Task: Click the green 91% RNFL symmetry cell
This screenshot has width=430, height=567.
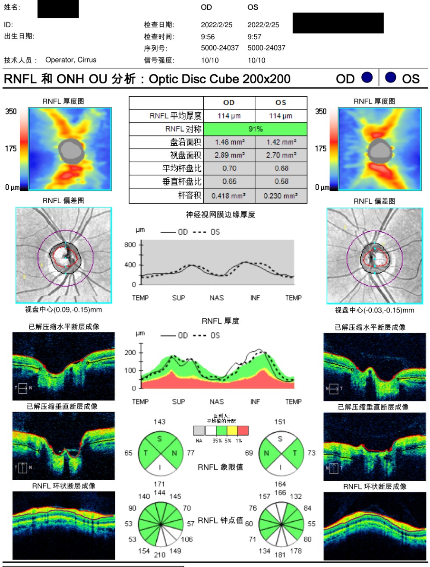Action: click(x=255, y=129)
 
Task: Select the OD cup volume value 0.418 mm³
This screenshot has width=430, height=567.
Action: click(x=229, y=196)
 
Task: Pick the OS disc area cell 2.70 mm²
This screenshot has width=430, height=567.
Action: click(x=281, y=155)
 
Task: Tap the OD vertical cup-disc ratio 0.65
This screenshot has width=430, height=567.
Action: click(x=229, y=181)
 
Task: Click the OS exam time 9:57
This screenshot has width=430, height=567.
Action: click(x=254, y=37)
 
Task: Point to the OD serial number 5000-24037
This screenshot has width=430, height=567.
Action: click(x=220, y=48)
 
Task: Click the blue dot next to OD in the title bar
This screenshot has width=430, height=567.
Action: click(x=367, y=77)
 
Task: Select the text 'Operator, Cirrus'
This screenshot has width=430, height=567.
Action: click(x=71, y=60)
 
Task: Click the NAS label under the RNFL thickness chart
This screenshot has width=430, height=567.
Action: click(x=217, y=401)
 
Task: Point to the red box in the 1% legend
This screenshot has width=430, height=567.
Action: click(x=243, y=430)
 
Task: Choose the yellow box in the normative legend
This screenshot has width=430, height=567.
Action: click(x=232, y=430)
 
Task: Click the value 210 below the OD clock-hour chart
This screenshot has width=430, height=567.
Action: click(x=159, y=554)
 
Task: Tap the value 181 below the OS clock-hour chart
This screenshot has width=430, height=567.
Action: click(x=280, y=554)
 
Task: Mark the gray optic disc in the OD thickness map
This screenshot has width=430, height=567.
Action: click(x=71, y=151)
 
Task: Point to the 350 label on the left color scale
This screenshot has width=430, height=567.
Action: click(x=11, y=111)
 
